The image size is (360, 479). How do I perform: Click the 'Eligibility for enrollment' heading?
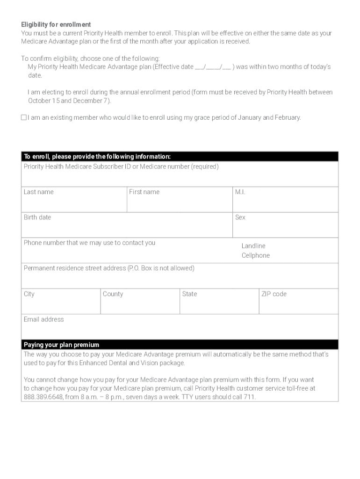click(x=56, y=24)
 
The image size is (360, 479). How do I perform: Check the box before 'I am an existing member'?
click(x=24, y=117)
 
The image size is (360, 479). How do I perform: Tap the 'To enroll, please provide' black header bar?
click(x=180, y=156)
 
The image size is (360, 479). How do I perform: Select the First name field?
click(x=180, y=201)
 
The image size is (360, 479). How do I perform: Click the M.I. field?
click(x=285, y=201)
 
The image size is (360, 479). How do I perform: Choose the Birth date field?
click(x=127, y=227)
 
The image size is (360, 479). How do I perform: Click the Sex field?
click(x=285, y=227)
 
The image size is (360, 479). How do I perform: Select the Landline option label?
click(x=253, y=246)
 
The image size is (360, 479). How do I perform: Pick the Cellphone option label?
click(x=255, y=256)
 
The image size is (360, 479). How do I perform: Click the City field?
click(x=61, y=303)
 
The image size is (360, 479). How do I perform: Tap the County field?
click(x=140, y=303)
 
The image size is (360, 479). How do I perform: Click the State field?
click(x=219, y=303)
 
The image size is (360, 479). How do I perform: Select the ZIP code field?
click(x=298, y=303)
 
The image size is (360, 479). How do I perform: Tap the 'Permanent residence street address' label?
click(x=109, y=268)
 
